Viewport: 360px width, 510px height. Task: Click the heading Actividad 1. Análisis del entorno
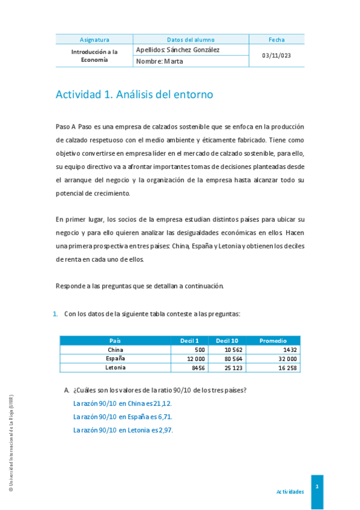pyautogui.click(x=134, y=94)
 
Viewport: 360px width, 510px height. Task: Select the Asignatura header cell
pyautogui.click(x=94, y=40)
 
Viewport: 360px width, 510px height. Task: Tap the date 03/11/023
pyautogui.click(x=276, y=56)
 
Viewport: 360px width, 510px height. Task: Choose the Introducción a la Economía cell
pyautogui.click(x=94, y=56)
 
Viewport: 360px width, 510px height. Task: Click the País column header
pyautogui.click(x=115, y=340)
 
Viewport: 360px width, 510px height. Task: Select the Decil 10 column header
pyautogui.click(x=227, y=340)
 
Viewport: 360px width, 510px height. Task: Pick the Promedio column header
pyautogui.click(x=273, y=340)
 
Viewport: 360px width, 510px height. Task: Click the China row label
pyautogui.click(x=115, y=349)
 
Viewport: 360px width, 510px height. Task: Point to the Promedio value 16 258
pyautogui.click(x=285, y=367)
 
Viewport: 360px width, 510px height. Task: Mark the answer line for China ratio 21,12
pyautogui.click(x=122, y=404)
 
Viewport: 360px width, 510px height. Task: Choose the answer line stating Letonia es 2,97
pyautogui.click(x=123, y=430)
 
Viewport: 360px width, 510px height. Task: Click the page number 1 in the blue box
pyautogui.click(x=317, y=487)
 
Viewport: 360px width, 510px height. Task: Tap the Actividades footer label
pyautogui.click(x=290, y=491)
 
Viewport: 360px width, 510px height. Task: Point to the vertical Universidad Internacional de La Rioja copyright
pyautogui.click(x=11, y=444)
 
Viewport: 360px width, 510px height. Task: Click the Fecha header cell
pyautogui.click(x=276, y=40)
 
